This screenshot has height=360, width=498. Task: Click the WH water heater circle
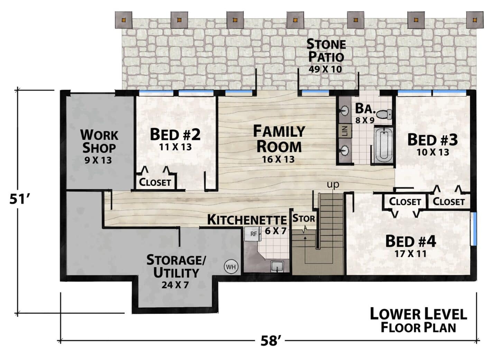coord(231,267)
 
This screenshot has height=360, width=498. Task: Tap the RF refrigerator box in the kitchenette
coord(252,234)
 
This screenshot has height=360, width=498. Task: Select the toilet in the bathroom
coord(385,114)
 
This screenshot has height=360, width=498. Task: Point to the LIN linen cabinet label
coord(345,131)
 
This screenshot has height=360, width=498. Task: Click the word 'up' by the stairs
coord(333,184)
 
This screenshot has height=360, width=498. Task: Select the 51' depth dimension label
coord(20,199)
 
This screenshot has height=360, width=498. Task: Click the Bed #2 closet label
coord(155,182)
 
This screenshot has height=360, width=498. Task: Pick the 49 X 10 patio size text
coord(325,70)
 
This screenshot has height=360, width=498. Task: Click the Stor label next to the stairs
coord(304,218)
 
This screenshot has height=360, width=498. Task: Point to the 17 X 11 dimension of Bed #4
coord(411,254)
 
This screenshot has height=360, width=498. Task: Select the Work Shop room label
coord(99,141)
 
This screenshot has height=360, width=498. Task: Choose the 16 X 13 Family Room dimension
coord(278,159)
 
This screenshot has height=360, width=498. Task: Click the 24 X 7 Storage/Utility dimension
coord(175,285)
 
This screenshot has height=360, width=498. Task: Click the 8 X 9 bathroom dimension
coord(365,120)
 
